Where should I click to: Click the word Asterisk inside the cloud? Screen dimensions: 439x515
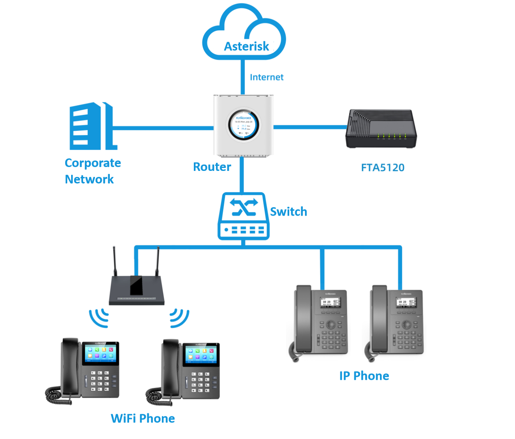247,46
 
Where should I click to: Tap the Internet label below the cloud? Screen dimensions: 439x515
267,77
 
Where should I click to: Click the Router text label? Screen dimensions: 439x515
212,167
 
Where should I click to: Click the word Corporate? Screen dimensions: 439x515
93,163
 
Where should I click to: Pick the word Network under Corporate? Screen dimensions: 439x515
89,179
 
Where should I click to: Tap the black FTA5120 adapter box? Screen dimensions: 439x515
380,129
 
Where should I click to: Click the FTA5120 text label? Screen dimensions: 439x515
383,168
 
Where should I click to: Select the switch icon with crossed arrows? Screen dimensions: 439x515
244,217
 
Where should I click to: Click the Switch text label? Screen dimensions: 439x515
288,211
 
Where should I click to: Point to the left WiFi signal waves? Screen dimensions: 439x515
99,318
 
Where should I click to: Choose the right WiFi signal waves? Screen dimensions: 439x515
179,318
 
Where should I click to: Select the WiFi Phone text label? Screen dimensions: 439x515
143,419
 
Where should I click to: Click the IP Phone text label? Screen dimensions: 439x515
364,376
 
